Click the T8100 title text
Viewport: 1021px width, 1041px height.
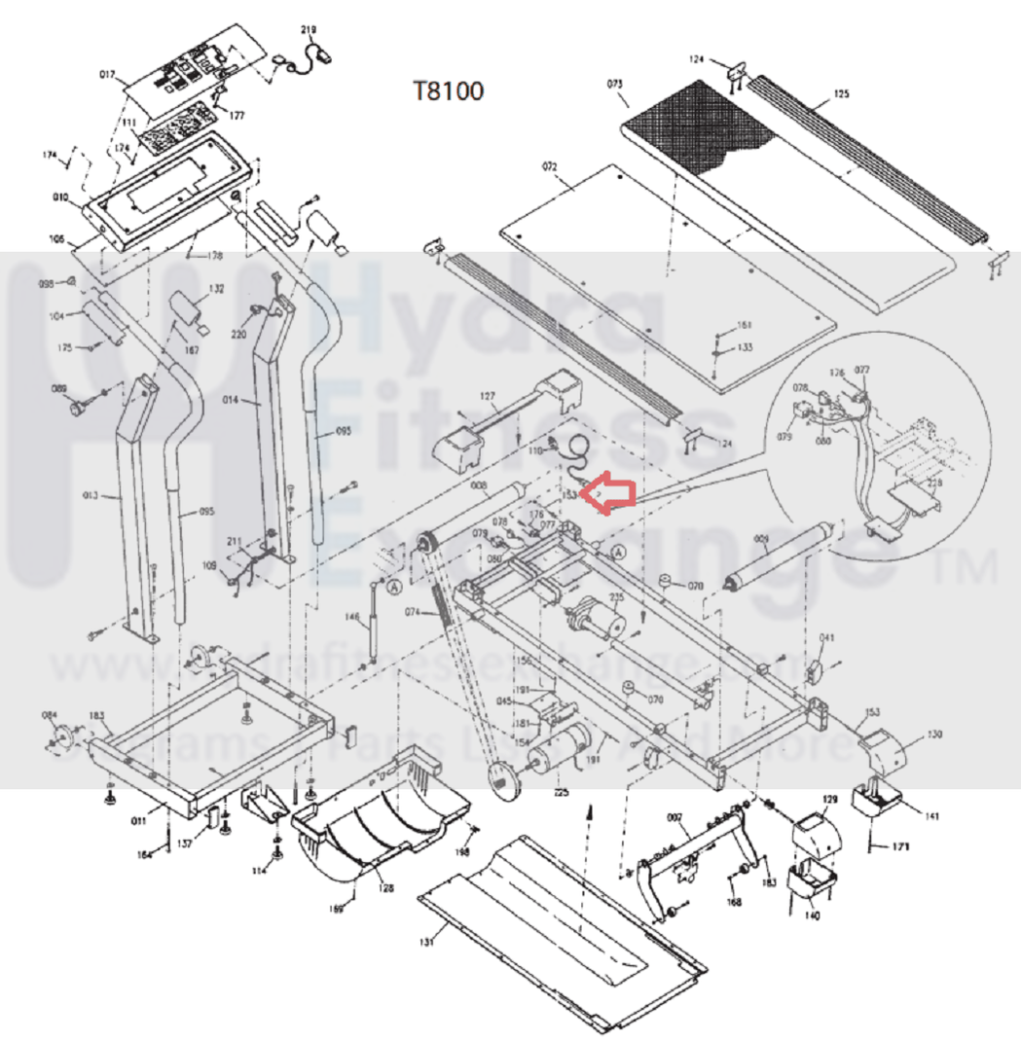(449, 91)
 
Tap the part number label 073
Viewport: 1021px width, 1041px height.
(615, 85)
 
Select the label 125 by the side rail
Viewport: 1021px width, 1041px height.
(841, 94)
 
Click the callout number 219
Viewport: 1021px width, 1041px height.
(310, 31)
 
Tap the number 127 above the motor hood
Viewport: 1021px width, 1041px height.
(488, 396)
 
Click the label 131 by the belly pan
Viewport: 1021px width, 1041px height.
(425, 941)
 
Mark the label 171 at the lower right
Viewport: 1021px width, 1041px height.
(900, 848)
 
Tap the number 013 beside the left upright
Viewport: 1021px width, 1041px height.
(90, 497)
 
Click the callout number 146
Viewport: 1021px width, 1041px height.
(351, 616)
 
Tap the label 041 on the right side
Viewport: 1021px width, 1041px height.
(826, 638)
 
